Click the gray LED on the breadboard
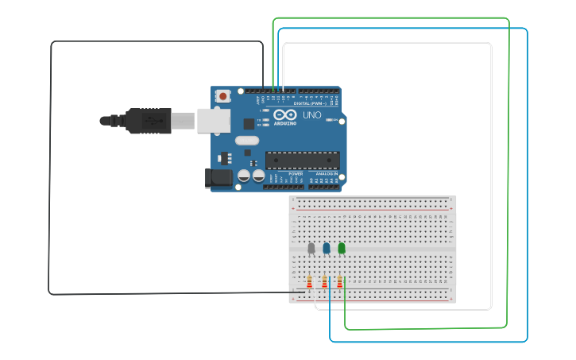[x=311, y=249]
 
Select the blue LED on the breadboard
[x=326, y=249]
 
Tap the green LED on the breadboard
[x=342, y=249]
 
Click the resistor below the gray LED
[x=309, y=281]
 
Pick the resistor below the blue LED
[x=324, y=281]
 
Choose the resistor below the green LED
[x=340, y=281]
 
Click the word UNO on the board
[x=311, y=115]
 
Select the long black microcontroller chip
[x=302, y=160]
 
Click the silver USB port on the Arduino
[x=213, y=120]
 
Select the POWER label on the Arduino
[x=296, y=173]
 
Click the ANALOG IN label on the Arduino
[x=327, y=173]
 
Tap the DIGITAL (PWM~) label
[x=310, y=103]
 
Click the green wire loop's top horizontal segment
[x=389, y=17]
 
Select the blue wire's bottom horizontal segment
[x=429, y=342]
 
